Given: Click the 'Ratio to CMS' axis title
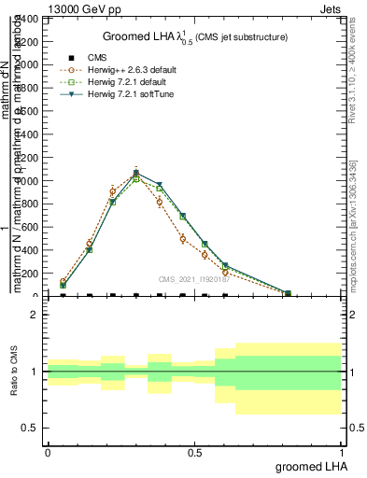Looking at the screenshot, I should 15,371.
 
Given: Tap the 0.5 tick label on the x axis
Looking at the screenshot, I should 194,452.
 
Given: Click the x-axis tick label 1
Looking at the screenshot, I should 340,452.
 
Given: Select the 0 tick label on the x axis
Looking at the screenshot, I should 48,452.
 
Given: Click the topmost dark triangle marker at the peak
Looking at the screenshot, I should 136,173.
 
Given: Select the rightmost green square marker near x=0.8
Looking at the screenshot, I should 288,293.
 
